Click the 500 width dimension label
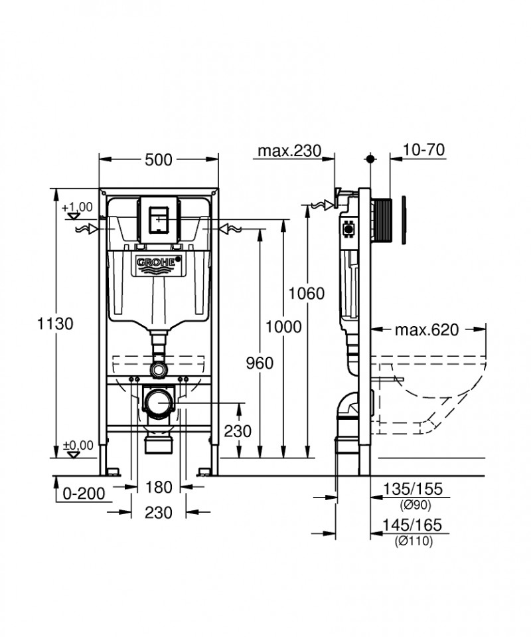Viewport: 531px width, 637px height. pos(159,159)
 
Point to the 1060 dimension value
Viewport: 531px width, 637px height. pos(307,293)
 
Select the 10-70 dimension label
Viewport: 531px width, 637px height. pos(423,150)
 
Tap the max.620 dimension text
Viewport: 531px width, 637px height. pos(427,330)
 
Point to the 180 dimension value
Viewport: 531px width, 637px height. pos(158,487)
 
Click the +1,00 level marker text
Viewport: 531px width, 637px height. pos(77,207)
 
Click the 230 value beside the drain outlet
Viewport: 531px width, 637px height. pos(238,431)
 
